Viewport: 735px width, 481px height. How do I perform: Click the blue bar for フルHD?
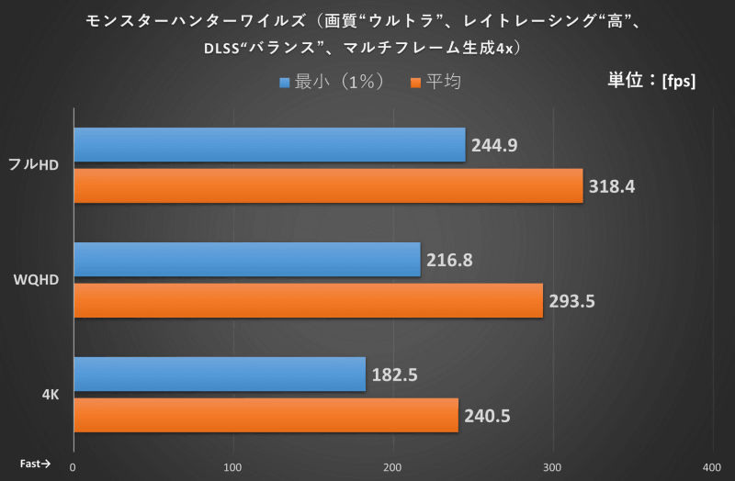pos(269,145)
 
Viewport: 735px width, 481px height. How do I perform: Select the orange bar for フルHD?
pos(328,185)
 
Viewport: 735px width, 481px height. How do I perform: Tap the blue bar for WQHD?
pos(246,260)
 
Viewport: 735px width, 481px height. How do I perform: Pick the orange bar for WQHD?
pos(308,300)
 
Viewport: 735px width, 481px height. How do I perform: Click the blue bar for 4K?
pos(219,375)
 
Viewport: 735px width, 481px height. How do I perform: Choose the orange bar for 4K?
pos(266,415)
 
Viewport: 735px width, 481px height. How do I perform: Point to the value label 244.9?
pos(495,145)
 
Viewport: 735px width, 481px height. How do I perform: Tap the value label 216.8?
pos(449,260)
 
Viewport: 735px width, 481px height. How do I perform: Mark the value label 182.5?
pos(395,375)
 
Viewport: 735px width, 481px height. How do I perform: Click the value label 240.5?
pos(488,416)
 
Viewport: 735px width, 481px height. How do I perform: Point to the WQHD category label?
pos(37,280)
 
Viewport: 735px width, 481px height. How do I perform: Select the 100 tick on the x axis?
pos(233,466)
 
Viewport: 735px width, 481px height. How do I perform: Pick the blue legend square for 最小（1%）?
pos(285,83)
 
